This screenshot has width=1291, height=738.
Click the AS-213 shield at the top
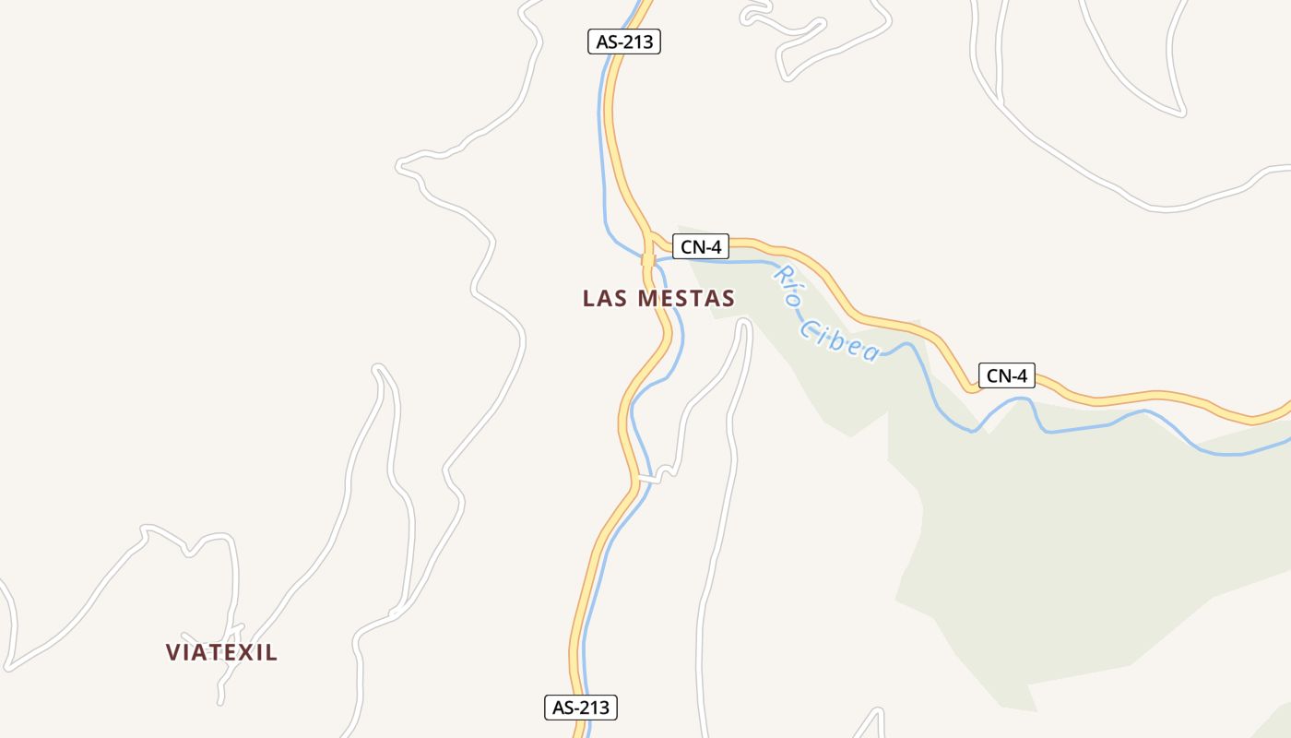624,42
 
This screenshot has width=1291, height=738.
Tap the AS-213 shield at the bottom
579,708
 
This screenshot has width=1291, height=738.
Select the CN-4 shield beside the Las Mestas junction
700,246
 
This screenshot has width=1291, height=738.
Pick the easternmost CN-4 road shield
1006,375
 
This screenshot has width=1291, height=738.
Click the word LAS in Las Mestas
603,298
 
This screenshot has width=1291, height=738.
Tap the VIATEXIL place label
221,652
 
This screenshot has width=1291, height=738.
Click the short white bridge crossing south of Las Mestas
650,479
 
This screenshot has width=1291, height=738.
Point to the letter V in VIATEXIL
172,652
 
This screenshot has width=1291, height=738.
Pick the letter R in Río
779,273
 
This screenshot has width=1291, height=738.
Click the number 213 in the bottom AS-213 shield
593,708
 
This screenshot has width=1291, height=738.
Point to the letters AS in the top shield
607,42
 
